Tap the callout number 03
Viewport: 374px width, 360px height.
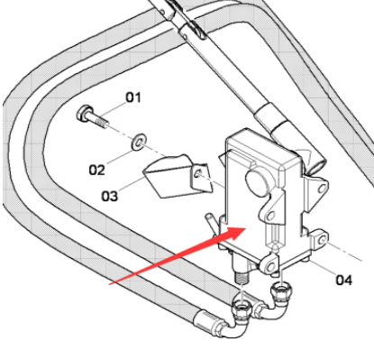(110, 195)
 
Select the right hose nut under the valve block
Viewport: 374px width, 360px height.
(282, 290)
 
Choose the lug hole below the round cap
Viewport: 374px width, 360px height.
(267, 214)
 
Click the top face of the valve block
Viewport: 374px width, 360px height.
(261, 145)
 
